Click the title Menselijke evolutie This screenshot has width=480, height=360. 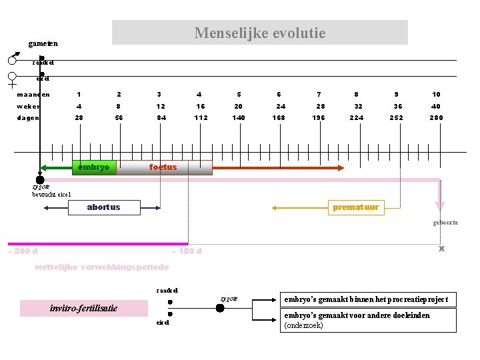point(259,33)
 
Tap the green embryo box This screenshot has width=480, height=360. point(94,167)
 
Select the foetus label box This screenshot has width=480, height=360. point(164,167)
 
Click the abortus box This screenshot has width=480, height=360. point(104,207)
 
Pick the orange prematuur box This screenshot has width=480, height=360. point(356,207)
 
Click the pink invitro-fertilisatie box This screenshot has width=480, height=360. point(83,308)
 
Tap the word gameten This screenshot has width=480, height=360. point(43,44)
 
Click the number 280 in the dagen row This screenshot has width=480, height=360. point(436,118)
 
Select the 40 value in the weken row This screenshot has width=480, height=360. point(436,106)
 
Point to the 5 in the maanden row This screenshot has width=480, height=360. point(239,94)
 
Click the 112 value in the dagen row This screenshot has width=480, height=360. point(201,118)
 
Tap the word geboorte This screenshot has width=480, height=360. point(445,222)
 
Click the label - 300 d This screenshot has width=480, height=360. point(23,251)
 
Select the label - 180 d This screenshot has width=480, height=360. point(187,251)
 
